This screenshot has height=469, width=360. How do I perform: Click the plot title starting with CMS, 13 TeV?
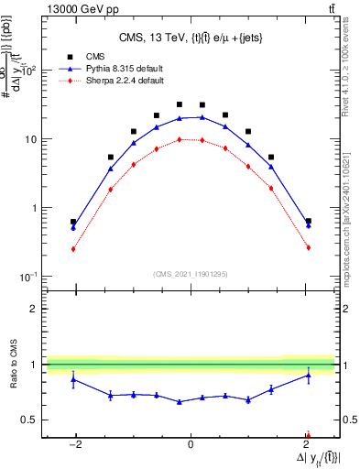191,38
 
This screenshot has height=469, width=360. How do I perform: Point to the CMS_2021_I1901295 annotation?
191,273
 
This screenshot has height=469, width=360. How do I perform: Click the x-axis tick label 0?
190,445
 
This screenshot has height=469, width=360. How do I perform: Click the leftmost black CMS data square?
73,222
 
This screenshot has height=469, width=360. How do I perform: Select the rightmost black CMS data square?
308,222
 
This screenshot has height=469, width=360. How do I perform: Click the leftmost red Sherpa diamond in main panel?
73,248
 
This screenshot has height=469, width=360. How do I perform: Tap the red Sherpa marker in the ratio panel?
308,436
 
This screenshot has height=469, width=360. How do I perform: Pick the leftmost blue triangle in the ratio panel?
73,379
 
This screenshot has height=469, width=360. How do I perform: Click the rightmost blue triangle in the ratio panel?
308,375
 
